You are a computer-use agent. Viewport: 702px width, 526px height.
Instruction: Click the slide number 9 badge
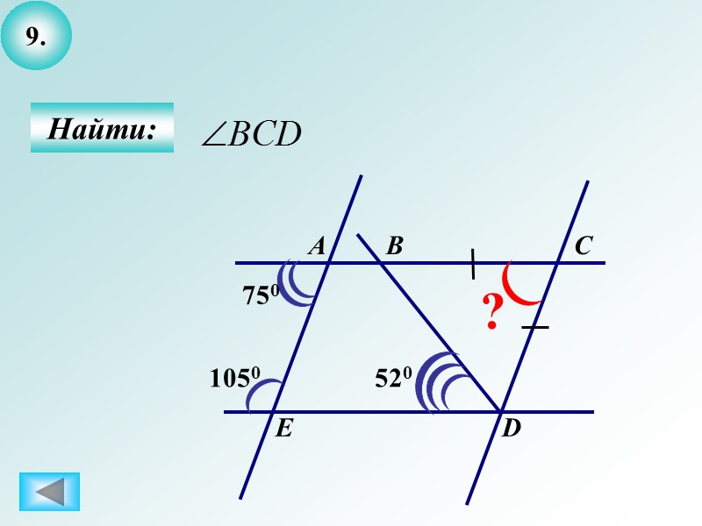click(x=35, y=37)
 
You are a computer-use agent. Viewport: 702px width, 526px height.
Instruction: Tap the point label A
click(x=317, y=247)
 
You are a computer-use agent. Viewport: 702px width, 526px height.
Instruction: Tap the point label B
click(x=394, y=247)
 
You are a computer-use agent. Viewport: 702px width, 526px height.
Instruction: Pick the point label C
click(x=583, y=247)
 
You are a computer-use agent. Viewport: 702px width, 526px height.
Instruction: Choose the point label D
click(x=511, y=430)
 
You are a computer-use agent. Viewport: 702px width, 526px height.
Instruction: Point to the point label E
click(x=283, y=429)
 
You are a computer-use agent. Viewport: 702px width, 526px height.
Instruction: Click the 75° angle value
click(x=261, y=295)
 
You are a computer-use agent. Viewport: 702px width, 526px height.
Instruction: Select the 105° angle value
click(x=235, y=378)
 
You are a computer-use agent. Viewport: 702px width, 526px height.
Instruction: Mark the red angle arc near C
click(x=523, y=286)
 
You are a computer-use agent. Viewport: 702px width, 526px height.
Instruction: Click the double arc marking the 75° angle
click(x=300, y=283)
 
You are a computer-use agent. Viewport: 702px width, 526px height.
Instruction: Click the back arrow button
click(x=49, y=491)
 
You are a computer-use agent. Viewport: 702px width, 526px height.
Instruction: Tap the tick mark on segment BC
click(x=473, y=264)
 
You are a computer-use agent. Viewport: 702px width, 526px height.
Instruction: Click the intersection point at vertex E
click(x=274, y=411)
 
